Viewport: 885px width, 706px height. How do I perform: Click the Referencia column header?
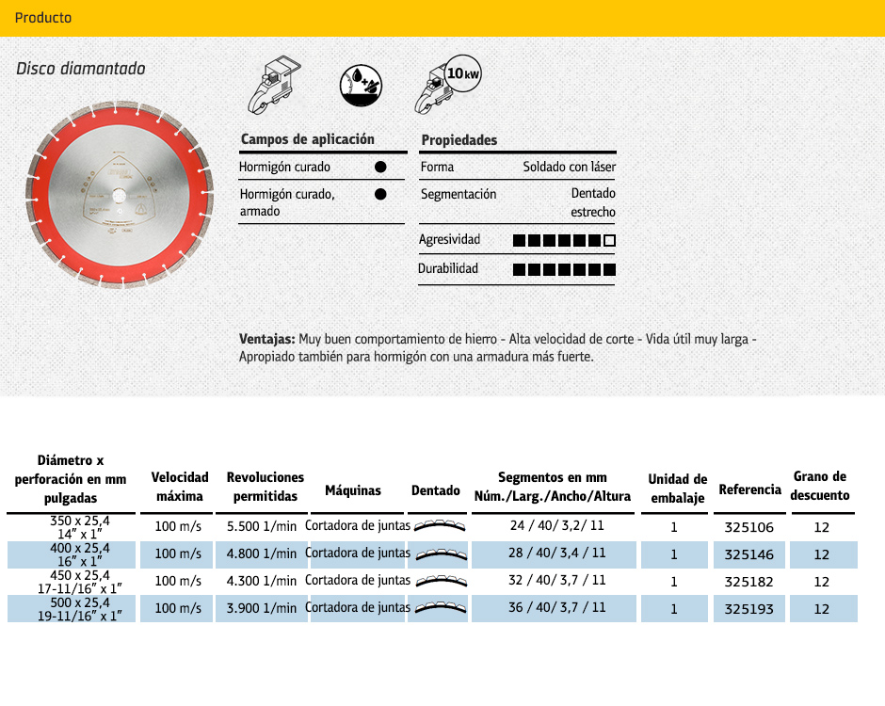coord(749,489)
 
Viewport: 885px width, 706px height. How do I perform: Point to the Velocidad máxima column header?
coord(180,487)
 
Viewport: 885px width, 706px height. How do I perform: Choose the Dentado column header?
coord(436,490)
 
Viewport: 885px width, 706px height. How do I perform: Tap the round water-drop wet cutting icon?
coord(362,86)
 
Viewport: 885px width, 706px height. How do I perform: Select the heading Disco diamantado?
coord(81,69)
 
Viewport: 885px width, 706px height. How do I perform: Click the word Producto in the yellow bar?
coord(43,18)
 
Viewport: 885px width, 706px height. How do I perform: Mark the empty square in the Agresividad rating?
coord(609,240)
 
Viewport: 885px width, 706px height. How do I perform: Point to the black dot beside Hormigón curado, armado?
coord(380,195)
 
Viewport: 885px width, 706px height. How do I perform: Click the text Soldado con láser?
coord(570,167)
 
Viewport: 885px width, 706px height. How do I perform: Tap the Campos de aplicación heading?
coord(308,139)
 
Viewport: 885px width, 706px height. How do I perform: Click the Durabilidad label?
coord(448,268)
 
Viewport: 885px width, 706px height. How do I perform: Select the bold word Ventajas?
coord(268,339)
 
